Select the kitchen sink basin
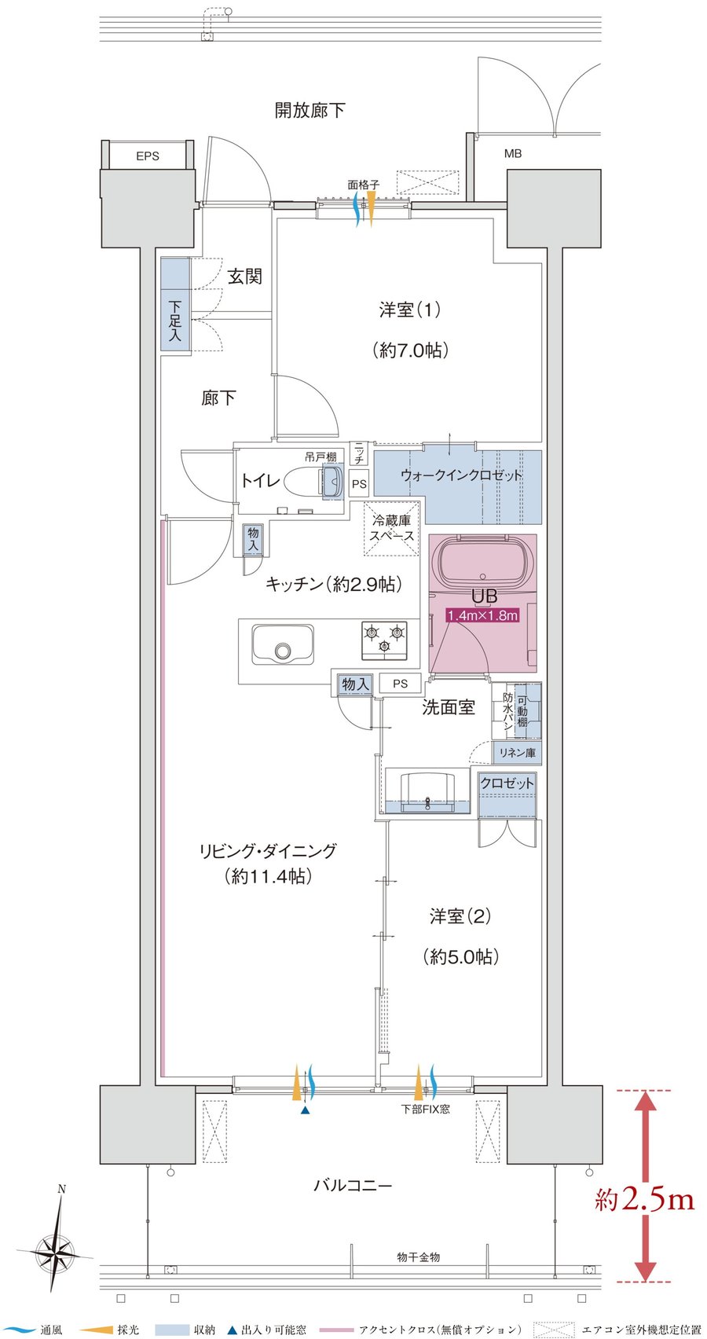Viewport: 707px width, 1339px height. coord(283,644)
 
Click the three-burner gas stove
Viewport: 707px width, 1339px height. coord(383,640)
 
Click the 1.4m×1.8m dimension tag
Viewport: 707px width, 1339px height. coord(483,615)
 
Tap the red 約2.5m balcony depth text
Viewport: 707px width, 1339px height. coord(644,1199)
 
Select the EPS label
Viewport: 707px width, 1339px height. coord(148,156)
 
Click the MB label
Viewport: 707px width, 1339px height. coord(513,154)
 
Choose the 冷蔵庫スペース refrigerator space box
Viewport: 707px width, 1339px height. coord(392,529)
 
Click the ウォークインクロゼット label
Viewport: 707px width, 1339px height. coord(461,476)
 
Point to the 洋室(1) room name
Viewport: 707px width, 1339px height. coord(410,310)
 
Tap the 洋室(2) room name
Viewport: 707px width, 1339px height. coord(460,915)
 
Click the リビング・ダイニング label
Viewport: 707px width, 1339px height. coord(269,850)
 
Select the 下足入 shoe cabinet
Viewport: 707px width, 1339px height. coord(174,305)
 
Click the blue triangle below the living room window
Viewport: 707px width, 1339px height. coord(306,1110)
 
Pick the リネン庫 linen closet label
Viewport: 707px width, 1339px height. coord(517,753)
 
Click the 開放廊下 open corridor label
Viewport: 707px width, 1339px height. coord(310,110)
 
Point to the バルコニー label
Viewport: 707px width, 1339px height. coord(353,1185)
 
